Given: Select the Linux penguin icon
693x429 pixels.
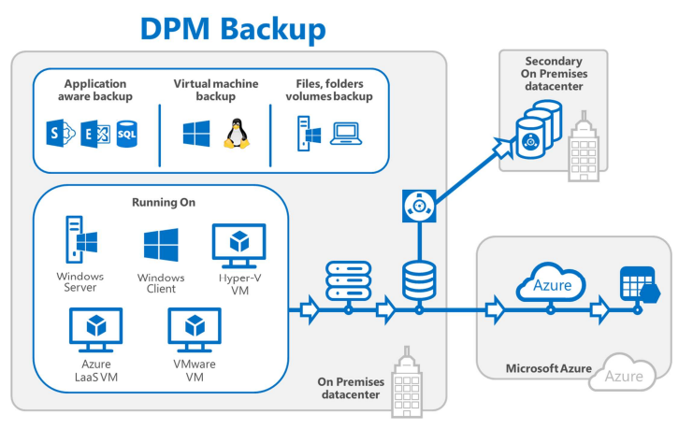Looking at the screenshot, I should coord(236,134).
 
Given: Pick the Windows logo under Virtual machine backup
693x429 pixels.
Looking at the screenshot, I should coord(196,134).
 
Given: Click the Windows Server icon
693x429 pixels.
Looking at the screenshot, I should coord(79,239).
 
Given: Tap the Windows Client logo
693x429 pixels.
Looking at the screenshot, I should coord(161,246).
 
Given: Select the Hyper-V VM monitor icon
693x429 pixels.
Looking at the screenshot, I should coord(239,245).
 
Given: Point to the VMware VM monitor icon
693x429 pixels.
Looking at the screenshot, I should coord(195,330).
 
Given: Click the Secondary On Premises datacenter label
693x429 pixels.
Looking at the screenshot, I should coord(554,74).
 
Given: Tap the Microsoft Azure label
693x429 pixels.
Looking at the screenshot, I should coord(549,368).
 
